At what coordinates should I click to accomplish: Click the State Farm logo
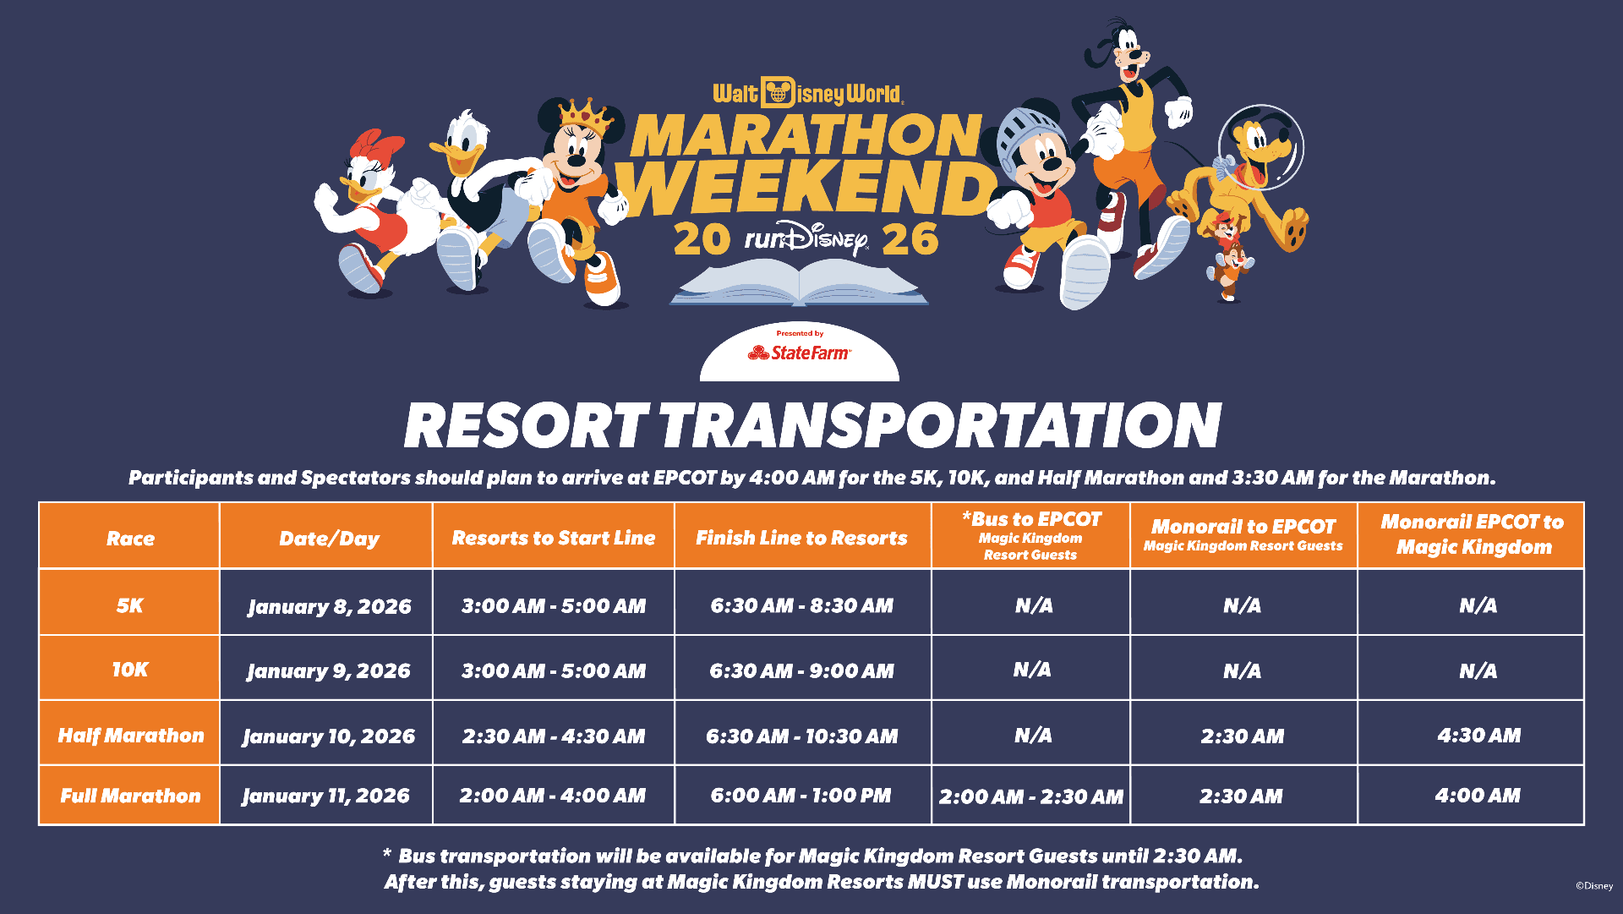pos(799,353)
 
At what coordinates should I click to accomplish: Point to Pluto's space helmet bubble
pos(1261,146)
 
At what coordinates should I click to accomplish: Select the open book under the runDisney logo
pos(799,282)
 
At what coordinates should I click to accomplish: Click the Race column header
pos(130,539)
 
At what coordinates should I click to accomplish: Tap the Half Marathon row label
pos(131,736)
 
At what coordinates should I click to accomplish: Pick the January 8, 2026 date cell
pos(329,607)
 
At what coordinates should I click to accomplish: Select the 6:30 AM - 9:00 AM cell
pos(801,671)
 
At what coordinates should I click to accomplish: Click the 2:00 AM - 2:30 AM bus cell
pos(1031,796)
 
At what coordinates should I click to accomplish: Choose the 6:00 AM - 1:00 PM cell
pos(801,796)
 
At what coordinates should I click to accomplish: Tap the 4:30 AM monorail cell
pos(1478,736)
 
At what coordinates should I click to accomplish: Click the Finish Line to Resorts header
pos(801,538)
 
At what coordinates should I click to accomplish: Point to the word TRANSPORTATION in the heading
pos(940,424)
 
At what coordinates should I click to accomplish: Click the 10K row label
pos(130,670)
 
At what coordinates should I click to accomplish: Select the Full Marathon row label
pos(130,796)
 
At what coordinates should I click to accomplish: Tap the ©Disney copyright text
pos(1594,886)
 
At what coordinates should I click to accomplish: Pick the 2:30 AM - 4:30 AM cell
pos(554,736)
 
